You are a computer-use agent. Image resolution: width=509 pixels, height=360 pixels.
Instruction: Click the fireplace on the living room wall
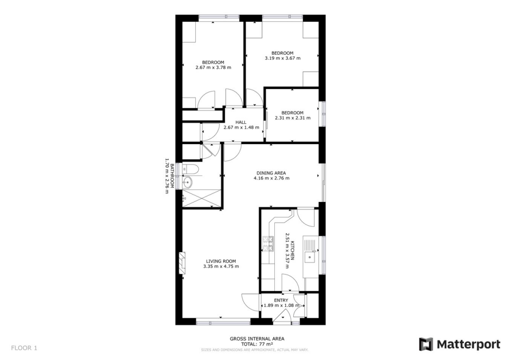183,263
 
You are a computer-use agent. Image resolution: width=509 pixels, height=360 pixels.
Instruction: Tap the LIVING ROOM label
221,261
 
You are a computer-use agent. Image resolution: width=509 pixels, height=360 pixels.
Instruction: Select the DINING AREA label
271,173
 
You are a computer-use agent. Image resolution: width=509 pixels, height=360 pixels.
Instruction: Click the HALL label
241,122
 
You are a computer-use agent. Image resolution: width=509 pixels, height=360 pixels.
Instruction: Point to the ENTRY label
281,300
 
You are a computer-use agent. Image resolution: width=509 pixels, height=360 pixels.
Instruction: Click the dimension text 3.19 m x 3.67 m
282,58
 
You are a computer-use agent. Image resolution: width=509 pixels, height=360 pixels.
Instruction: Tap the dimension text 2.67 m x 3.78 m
213,67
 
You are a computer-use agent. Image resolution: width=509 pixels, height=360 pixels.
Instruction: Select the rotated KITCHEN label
293,251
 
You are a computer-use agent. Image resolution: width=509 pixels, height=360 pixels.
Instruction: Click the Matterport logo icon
426,344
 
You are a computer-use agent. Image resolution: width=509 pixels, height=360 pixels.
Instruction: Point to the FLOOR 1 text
24,348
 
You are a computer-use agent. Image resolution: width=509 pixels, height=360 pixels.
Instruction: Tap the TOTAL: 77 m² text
257,344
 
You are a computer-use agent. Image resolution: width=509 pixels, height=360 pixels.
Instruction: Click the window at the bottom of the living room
223,322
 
